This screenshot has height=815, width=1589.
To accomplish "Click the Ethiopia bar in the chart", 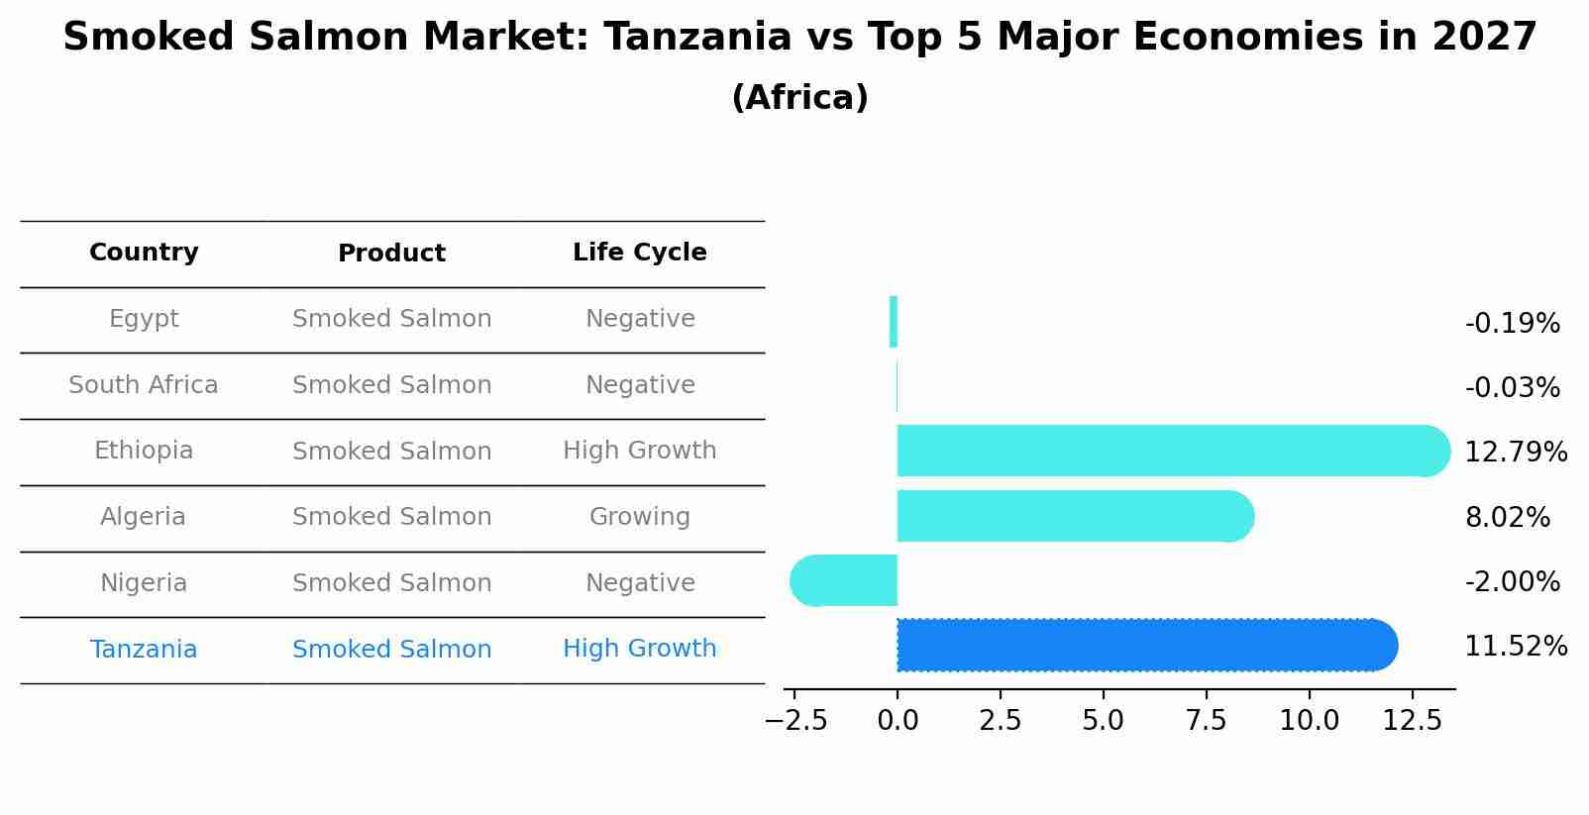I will point(1169,451).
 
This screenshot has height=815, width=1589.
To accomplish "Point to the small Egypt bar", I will point(893,322).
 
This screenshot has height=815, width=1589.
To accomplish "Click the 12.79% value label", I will point(1515,453).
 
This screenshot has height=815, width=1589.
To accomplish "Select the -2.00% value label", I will point(1512,582).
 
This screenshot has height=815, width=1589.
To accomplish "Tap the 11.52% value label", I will point(1515,647).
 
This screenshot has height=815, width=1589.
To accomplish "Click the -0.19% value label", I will point(1512,324).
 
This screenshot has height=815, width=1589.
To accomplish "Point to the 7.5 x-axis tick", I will point(1206,720).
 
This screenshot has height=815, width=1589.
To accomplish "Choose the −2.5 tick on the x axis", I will point(795,720).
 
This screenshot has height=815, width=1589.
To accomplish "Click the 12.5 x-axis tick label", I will point(1412,720).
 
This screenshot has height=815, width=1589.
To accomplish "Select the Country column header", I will point(144,253).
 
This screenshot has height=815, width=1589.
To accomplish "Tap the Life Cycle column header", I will point(639,253).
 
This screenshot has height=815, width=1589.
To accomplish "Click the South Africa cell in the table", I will point(144,385).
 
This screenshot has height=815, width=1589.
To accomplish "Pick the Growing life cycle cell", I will point(639,517).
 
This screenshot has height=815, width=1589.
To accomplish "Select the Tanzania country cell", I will point(144,650).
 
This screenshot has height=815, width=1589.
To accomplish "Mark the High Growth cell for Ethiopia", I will point(639,451).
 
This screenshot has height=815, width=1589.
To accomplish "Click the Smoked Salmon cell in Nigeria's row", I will point(391,583).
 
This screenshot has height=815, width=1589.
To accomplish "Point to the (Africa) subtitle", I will point(799,98).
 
